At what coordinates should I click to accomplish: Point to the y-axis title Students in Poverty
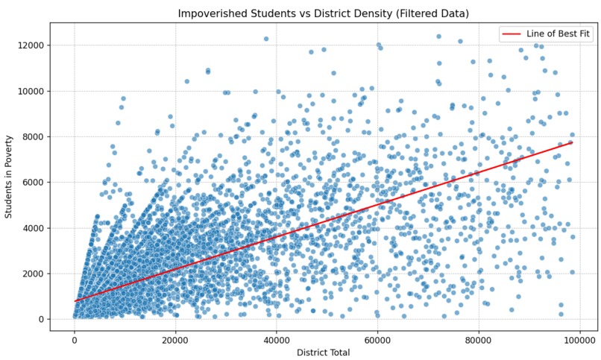click(x=10, y=177)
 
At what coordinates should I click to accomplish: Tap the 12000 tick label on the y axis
click(x=30, y=45)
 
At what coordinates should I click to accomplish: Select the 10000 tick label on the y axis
click(x=30, y=91)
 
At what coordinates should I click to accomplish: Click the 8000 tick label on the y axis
click(x=32, y=137)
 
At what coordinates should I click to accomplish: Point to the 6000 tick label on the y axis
click(x=32, y=183)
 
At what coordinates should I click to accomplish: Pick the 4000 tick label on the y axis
click(x=32, y=228)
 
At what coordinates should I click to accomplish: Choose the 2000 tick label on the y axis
click(x=32, y=274)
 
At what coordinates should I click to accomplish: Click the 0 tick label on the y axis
click(x=41, y=319)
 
